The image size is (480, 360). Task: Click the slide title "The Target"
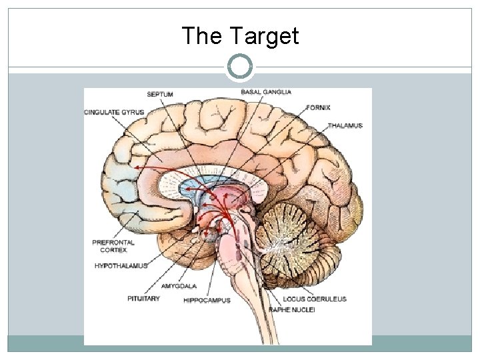240,36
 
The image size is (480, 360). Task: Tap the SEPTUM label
159,95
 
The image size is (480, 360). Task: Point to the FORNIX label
318,107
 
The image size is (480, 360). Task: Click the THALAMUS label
345,125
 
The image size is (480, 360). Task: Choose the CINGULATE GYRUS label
114,111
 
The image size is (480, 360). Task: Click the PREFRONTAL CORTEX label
113,246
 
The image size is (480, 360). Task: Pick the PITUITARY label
143,299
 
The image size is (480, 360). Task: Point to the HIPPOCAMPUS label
207,301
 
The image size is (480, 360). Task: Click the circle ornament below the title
240,66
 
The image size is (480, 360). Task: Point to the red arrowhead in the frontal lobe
137,167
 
